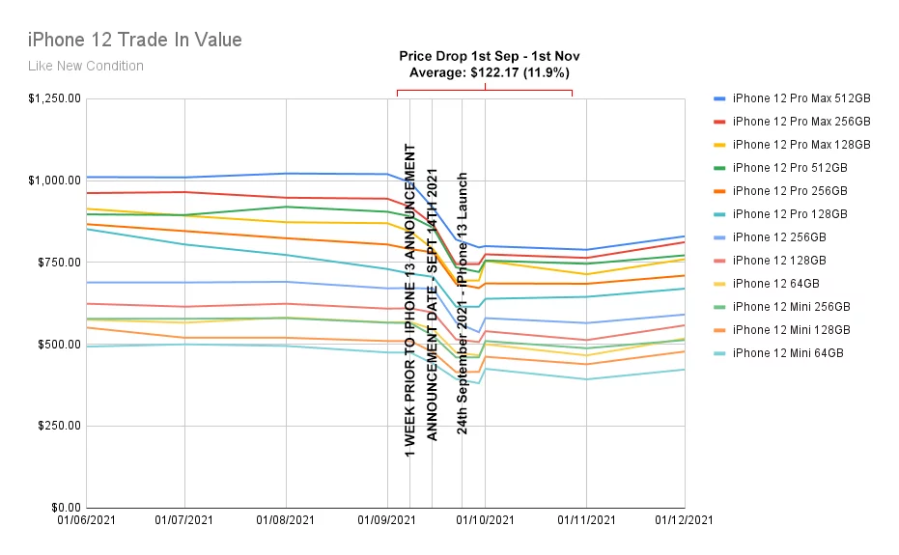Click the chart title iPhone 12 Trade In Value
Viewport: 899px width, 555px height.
[134, 40]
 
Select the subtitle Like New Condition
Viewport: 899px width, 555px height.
[85, 66]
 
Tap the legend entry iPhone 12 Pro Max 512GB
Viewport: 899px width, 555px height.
[801, 98]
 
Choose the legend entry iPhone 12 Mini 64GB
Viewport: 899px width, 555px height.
[788, 353]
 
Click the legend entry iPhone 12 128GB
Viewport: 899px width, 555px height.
[779, 261]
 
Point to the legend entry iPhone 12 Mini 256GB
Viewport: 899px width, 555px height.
[791, 307]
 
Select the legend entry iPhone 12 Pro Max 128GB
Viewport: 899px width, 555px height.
[801, 145]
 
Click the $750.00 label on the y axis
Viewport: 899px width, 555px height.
[56, 263]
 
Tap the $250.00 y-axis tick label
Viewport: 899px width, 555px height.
[56, 426]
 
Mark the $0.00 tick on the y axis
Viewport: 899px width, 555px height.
[63, 508]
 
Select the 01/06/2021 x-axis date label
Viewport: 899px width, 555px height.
[86, 520]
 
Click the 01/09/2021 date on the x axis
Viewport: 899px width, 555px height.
[386, 520]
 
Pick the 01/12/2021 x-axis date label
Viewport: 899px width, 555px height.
[685, 520]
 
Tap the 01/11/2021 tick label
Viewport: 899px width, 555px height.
[586, 520]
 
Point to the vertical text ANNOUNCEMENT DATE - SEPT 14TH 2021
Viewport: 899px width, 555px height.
[433, 303]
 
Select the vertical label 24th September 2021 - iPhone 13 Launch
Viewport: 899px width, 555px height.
[463, 303]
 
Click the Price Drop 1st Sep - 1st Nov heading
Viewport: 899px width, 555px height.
[490, 56]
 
